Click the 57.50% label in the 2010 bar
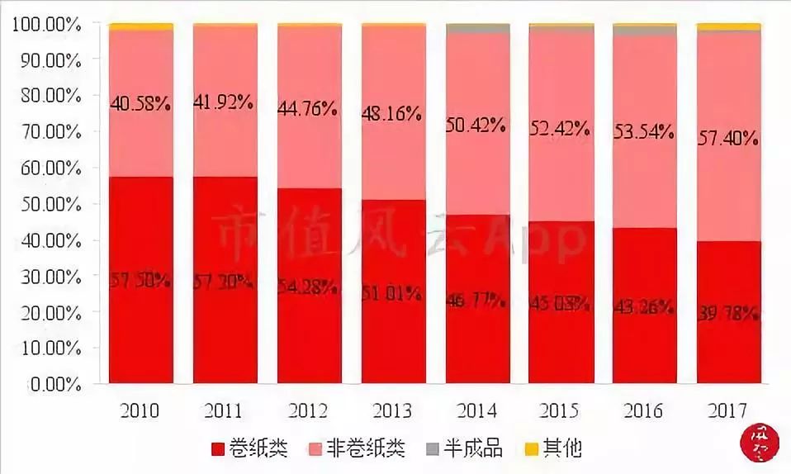pyautogui.click(x=140, y=281)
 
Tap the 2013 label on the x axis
pyautogui.click(x=392, y=410)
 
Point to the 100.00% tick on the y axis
pyautogui.click(x=46, y=25)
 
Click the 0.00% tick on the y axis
pyautogui.click(x=54, y=384)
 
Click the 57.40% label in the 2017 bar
pyautogui.click(x=727, y=138)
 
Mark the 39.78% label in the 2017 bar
pyautogui.click(x=727, y=314)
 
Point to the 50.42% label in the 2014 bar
pyautogui.click(x=477, y=126)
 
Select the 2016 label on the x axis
pyautogui.click(x=644, y=410)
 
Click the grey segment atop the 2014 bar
pyautogui.click(x=477, y=29)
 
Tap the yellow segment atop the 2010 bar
pyautogui.click(x=140, y=26)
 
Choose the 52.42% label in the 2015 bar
pyautogui.click(x=561, y=128)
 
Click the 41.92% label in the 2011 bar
pyautogui.click(x=225, y=103)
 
